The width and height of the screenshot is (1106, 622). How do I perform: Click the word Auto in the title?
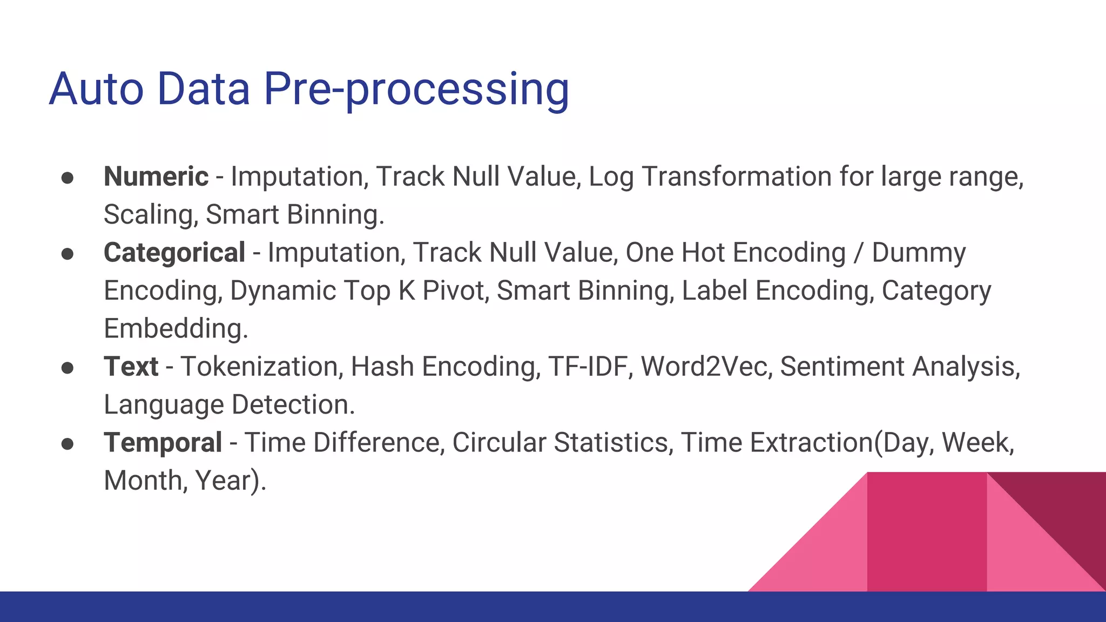pos(96,89)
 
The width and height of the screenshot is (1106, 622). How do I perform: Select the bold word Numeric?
pos(156,177)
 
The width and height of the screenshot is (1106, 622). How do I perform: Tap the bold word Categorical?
pos(174,253)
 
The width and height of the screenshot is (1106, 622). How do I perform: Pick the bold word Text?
pos(131,367)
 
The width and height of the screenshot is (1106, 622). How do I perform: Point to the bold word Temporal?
pos(163,443)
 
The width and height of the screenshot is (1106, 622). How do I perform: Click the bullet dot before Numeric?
pos(68,178)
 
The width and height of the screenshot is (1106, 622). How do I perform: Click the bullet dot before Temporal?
pos(68,444)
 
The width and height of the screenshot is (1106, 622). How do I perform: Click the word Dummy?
pos(919,253)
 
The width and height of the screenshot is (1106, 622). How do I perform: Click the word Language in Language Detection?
pos(164,405)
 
